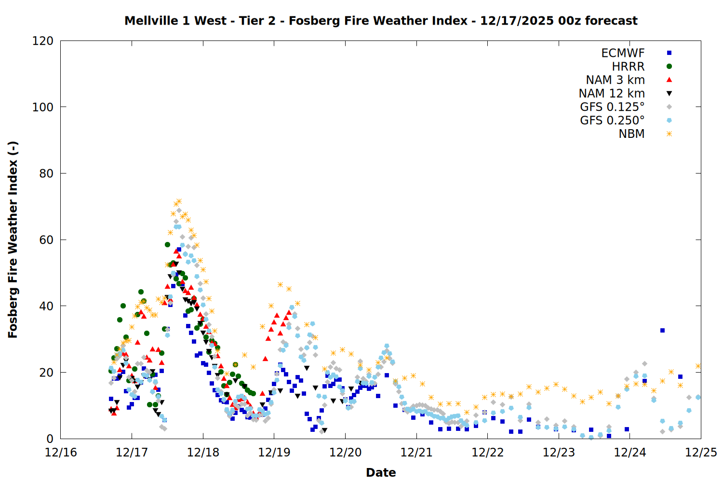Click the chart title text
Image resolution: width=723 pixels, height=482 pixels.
381,21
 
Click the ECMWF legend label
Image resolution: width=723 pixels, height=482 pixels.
623,53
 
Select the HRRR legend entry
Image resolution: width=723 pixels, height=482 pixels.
628,67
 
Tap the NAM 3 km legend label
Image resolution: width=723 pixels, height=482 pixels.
615,80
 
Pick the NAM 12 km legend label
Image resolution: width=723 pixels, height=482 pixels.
612,94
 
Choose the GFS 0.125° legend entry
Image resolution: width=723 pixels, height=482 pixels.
612,107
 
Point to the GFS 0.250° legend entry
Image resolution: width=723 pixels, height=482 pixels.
612,120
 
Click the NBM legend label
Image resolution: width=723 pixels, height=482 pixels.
631,134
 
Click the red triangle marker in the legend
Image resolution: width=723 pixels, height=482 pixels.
669,80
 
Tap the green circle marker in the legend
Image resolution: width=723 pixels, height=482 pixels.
669,67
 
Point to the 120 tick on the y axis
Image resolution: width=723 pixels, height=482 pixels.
43,41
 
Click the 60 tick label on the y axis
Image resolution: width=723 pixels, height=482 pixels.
46,240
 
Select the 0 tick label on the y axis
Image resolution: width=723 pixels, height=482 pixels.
50,439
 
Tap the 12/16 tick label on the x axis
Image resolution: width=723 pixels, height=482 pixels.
61,453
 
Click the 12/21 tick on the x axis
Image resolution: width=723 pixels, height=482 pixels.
416,453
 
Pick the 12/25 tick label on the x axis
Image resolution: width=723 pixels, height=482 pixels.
701,453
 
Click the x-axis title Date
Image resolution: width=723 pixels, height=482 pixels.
381,472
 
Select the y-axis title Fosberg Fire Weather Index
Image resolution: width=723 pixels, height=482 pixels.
13,240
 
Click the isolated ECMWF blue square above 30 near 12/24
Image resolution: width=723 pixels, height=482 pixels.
662,331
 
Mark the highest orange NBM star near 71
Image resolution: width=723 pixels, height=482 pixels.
179,201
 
